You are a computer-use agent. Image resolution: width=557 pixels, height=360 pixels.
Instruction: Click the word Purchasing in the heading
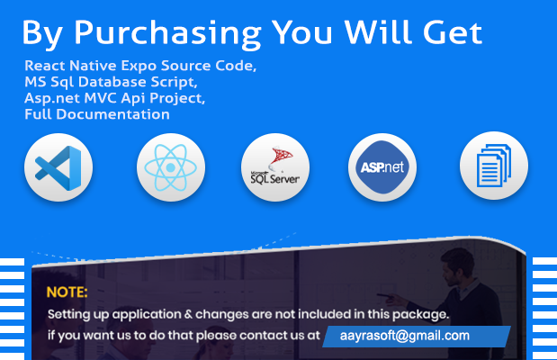(x=167, y=34)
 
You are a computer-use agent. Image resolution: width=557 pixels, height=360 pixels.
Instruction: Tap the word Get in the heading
(x=453, y=32)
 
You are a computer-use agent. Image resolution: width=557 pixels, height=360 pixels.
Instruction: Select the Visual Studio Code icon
(x=58, y=167)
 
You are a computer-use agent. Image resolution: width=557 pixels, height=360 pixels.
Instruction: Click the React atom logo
(x=171, y=167)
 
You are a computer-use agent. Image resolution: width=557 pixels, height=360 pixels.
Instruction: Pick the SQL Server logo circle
(x=275, y=167)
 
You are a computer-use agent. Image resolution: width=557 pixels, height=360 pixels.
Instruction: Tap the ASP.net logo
(x=382, y=167)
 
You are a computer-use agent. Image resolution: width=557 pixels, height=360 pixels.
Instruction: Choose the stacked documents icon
(x=494, y=166)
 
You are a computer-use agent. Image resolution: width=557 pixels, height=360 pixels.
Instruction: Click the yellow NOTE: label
(x=67, y=292)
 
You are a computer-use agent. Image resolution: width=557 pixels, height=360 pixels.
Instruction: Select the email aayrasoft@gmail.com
(x=405, y=336)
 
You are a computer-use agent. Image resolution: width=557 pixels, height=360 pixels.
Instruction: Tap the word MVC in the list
(x=101, y=98)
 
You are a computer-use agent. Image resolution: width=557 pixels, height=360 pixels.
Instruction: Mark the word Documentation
(x=113, y=114)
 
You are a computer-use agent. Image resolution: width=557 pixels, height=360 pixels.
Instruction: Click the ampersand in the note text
(x=188, y=314)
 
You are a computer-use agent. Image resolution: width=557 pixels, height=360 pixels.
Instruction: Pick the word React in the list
(x=45, y=66)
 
